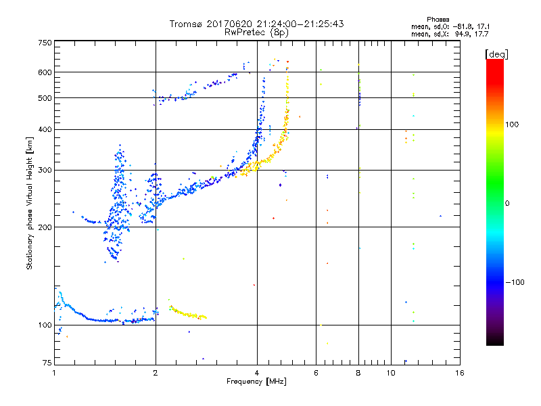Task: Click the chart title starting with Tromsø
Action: [256, 24]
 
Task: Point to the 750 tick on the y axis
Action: [45, 43]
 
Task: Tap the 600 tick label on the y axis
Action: [45, 72]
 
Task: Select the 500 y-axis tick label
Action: [45, 97]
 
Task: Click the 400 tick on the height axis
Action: [45, 129]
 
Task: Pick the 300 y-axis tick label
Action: [45, 170]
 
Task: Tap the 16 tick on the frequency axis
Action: [460, 373]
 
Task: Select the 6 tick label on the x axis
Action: [316, 373]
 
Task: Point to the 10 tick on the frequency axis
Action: [391, 373]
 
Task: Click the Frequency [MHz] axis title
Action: [256, 382]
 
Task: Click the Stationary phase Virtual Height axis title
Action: [29, 204]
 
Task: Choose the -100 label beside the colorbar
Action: [517, 282]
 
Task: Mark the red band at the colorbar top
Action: [495, 63]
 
